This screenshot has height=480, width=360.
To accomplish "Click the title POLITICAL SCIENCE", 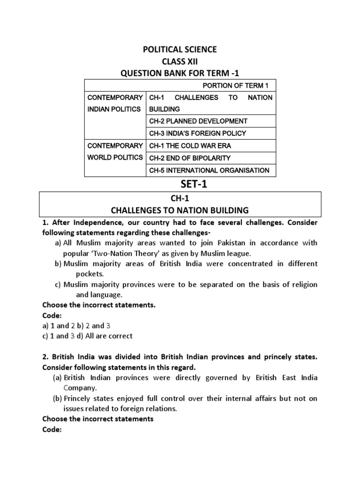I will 180,50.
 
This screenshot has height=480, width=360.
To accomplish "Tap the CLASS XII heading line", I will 180,61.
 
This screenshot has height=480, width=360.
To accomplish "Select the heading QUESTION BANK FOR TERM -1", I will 180,73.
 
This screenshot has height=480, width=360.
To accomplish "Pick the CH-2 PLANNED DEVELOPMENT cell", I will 198,121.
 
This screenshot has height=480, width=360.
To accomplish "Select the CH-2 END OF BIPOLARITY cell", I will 189,158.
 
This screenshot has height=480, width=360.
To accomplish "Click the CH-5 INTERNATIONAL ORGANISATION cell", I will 209,170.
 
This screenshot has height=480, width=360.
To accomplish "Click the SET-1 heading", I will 180,185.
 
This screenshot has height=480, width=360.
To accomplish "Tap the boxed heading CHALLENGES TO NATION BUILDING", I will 180,210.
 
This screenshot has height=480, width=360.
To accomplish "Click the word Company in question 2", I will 80,388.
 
